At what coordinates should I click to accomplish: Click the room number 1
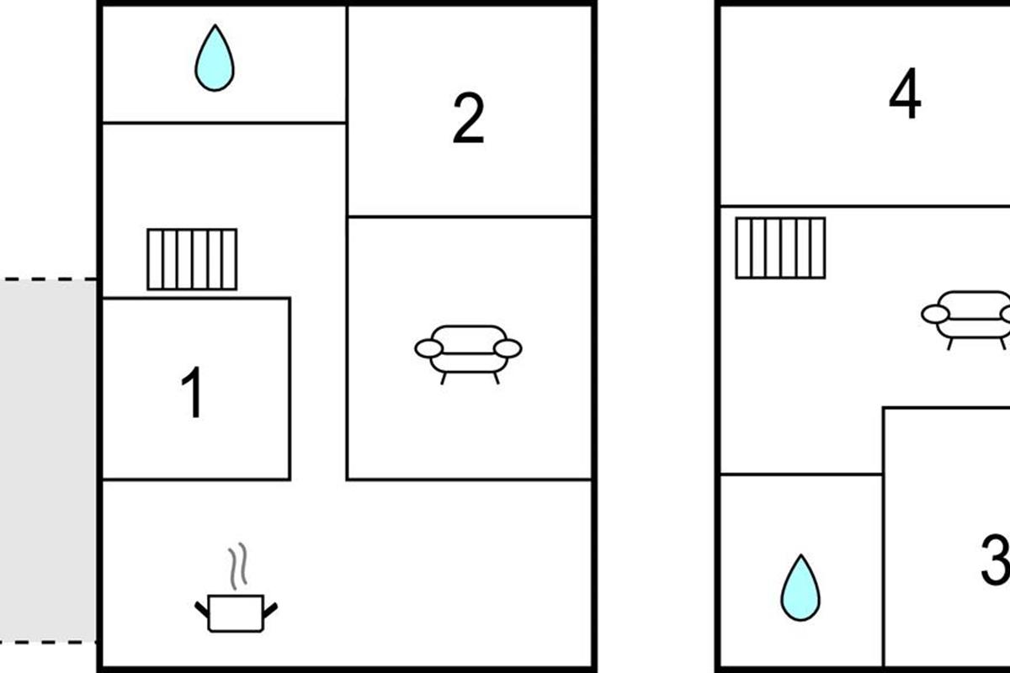[193, 392]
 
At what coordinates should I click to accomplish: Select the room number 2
[469, 118]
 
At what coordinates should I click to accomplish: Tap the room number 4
[905, 93]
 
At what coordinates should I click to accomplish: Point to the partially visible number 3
[997, 559]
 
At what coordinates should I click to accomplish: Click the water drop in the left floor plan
[215, 58]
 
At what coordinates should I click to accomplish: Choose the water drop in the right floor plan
[800, 588]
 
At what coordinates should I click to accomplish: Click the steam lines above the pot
[237, 566]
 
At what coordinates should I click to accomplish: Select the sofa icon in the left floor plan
[469, 354]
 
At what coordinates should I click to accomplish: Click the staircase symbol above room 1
[192, 259]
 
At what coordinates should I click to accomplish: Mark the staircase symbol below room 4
[780, 248]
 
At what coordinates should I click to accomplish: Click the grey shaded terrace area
[48, 460]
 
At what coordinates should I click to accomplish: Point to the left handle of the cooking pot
[201, 609]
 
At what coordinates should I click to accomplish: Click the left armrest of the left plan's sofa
[428, 348]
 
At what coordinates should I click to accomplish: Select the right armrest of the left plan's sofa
[508, 348]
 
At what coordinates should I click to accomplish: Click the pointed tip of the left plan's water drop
[215, 25]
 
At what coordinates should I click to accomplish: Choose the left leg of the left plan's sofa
[444, 379]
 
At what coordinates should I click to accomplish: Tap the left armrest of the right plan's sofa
[936, 314]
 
